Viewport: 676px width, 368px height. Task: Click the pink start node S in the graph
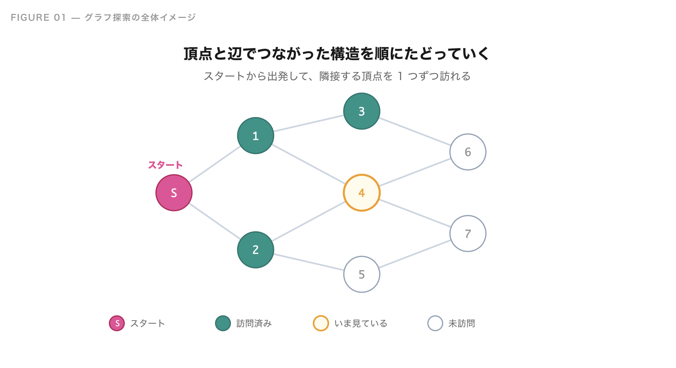coord(174,193)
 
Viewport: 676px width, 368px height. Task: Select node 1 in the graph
coord(255,136)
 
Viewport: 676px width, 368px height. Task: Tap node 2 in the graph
coord(255,249)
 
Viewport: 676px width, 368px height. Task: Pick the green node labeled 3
coord(362,111)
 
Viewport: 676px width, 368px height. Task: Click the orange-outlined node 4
coord(362,193)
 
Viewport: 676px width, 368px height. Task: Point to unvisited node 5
coord(362,274)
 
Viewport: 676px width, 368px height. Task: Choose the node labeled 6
coord(468,152)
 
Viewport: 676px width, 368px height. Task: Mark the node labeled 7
coord(468,233)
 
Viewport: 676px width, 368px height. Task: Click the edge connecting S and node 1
coord(214,164)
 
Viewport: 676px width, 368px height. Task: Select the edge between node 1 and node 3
coord(308,123)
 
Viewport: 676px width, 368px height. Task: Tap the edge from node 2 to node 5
coord(308,262)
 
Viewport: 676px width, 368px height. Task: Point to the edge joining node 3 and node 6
coord(415,131)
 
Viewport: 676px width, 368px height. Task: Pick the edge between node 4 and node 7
coord(415,213)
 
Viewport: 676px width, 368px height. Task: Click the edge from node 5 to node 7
coord(415,254)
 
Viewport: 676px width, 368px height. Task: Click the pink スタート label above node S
coord(165,165)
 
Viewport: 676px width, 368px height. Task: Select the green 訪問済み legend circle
coord(223,323)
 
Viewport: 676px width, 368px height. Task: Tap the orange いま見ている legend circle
coord(321,323)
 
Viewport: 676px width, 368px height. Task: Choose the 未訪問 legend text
coord(462,324)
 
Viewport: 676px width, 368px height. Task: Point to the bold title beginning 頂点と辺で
coord(337,54)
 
